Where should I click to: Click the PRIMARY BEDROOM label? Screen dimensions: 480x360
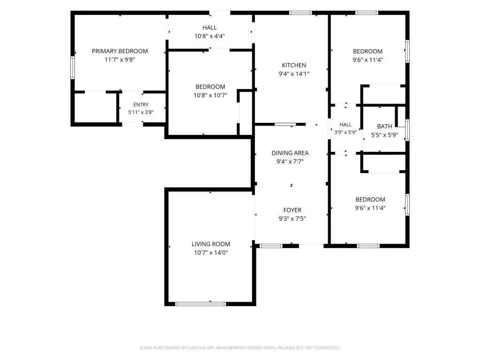(x=120, y=51)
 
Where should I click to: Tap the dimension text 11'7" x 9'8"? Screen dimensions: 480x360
(x=120, y=60)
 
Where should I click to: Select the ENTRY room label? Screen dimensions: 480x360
(x=141, y=105)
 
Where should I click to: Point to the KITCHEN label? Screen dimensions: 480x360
(x=294, y=65)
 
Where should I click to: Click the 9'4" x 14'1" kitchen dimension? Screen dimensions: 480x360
(x=294, y=74)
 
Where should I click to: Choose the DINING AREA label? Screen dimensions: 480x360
(x=290, y=153)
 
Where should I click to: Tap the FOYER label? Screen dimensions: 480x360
(x=292, y=210)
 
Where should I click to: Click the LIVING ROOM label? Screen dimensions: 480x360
(x=211, y=244)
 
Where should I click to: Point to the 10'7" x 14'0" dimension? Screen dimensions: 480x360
(x=211, y=253)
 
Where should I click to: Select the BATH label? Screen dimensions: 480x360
(x=384, y=127)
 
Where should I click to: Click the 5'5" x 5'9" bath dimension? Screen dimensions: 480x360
(x=384, y=135)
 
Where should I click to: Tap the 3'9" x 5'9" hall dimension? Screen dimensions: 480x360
(x=345, y=133)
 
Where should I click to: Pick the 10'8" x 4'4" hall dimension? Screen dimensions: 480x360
(x=210, y=36)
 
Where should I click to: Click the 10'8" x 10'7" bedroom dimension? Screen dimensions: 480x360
(x=210, y=96)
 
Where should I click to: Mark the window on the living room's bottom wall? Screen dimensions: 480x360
(x=201, y=304)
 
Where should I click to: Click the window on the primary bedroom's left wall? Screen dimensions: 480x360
(x=73, y=67)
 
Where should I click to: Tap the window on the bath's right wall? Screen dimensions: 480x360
(x=407, y=130)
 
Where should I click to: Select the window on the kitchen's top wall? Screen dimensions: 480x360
(x=300, y=13)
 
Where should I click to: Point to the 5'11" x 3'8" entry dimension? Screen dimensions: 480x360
(x=141, y=112)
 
